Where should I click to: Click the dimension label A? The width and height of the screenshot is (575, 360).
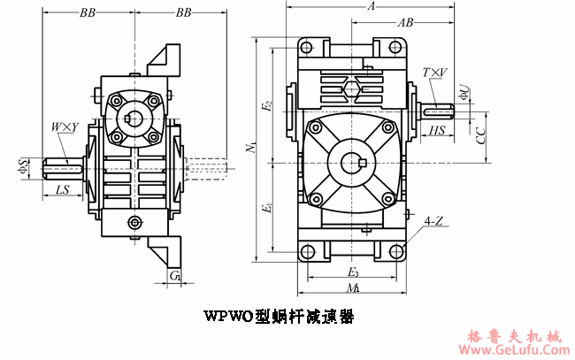click(x=371, y=6)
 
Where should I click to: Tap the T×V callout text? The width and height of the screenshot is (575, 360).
click(x=434, y=72)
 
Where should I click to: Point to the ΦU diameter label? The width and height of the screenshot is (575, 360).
click(x=464, y=90)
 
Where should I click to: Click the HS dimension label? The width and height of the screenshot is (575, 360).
click(x=436, y=131)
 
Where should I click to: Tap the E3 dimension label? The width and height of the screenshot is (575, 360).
click(x=352, y=272)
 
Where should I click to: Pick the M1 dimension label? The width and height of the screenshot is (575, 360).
click(x=352, y=288)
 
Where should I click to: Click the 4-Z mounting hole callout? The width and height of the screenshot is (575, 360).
click(x=433, y=220)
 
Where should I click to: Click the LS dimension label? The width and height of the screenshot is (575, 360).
click(x=63, y=190)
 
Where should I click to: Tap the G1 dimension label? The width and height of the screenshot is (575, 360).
click(x=174, y=277)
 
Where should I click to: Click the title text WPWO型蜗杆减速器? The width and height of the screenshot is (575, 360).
click(x=279, y=316)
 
